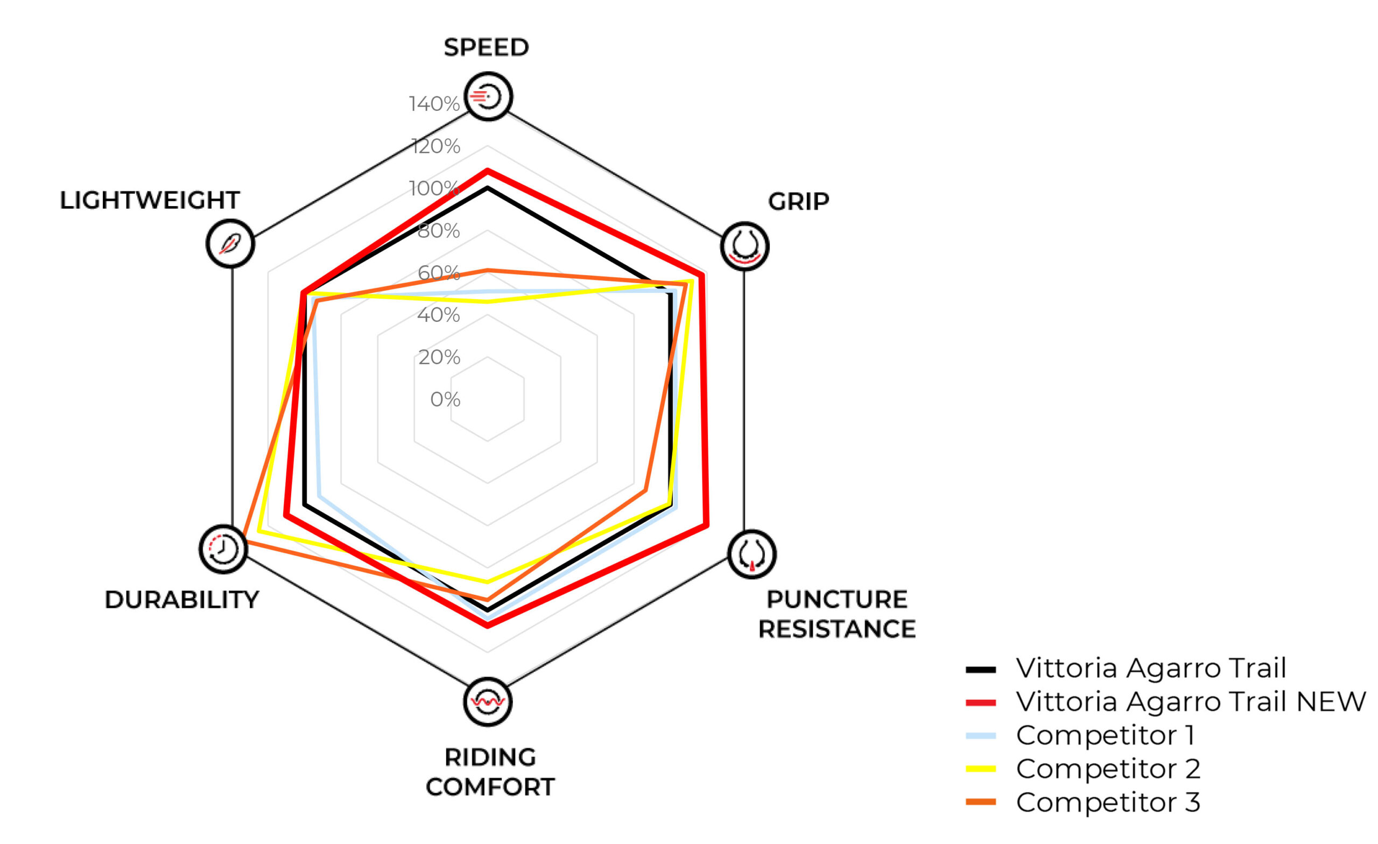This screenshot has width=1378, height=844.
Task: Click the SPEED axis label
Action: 486,47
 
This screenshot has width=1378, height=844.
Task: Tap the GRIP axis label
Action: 798,201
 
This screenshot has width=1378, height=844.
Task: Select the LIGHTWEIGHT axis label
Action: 150,200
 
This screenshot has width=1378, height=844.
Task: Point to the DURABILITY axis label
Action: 182,600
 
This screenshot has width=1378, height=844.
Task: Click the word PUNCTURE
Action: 836,599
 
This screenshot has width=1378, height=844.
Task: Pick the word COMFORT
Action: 490,787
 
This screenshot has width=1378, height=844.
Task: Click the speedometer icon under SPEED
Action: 488,96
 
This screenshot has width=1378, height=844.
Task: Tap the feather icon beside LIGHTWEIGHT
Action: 230,243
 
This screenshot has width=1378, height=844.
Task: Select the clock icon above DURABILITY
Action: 223,548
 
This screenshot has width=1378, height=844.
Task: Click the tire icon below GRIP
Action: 744,246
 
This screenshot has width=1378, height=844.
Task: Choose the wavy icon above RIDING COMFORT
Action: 488,701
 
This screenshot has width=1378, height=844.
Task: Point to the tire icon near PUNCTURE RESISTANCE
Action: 751,554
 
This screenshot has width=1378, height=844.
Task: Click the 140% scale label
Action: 434,104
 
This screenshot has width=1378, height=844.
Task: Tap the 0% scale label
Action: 445,399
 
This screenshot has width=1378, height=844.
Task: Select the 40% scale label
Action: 439,315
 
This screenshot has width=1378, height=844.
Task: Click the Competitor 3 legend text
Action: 1108,802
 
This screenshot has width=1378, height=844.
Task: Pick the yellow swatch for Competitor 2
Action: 980,769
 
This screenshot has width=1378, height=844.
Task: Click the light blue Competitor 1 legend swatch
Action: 980,735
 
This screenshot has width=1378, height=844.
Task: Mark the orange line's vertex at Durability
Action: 244,541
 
